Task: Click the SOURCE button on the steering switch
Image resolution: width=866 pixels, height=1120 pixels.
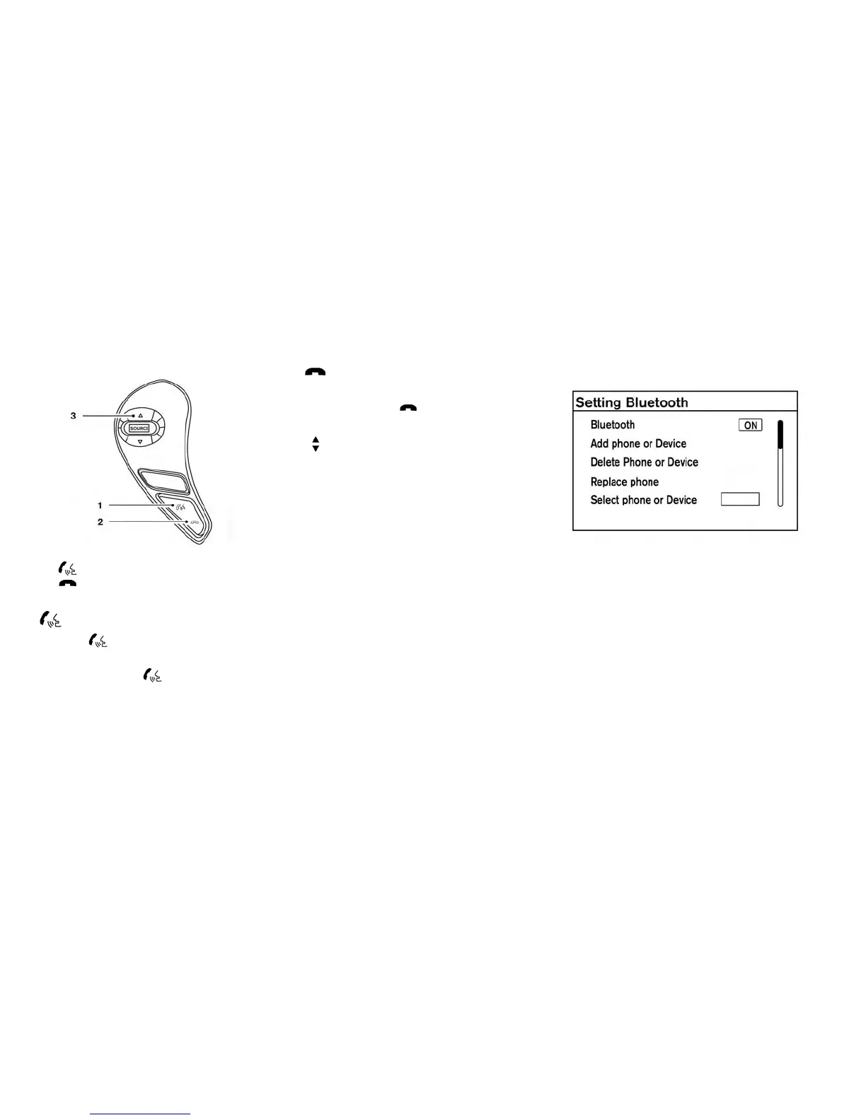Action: point(139,428)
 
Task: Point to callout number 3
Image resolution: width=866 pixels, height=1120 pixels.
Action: point(73,416)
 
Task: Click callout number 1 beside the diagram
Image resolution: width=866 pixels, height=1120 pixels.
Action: point(100,505)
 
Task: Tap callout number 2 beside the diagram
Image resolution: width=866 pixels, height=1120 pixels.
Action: point(100,522)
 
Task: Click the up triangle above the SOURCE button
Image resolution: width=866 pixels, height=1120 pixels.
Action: point(140,416)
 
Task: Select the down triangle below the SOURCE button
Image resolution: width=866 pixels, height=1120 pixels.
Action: point(140,441)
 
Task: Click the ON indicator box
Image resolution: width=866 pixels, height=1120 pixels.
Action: point(750,425)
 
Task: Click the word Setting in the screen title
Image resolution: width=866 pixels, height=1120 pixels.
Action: point(599,402)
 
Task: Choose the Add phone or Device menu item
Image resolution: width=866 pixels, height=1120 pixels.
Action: point(638,443)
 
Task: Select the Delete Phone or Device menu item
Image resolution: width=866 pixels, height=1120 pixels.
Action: point(644,462)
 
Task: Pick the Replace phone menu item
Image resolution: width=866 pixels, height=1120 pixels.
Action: point(624,482)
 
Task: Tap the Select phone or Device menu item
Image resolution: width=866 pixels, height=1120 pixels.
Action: point(643,500)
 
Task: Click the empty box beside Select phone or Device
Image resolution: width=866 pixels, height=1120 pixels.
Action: point(739,499)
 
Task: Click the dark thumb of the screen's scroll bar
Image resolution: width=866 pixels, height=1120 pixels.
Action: point(780,435)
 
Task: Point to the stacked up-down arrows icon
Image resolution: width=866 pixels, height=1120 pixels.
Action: point(316,444)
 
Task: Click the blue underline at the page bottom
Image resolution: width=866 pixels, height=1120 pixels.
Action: point(140,1114)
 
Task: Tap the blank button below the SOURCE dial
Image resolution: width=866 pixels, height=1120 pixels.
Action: point(164,482)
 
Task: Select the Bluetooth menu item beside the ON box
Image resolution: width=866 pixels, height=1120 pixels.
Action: point(612,424)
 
